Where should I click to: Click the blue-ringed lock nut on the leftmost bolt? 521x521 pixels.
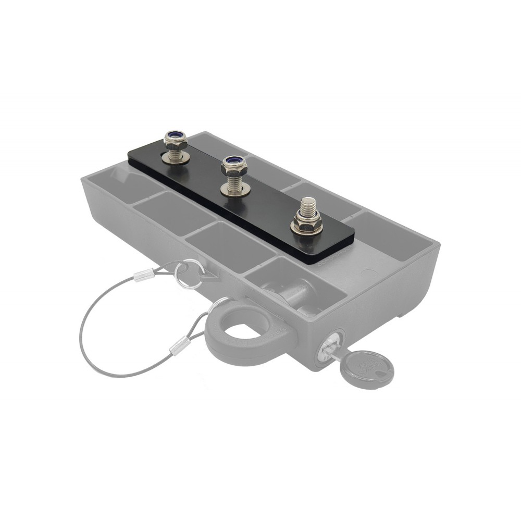[x=175, y=139]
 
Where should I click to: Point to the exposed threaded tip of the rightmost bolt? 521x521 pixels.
[x=308, y=204]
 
